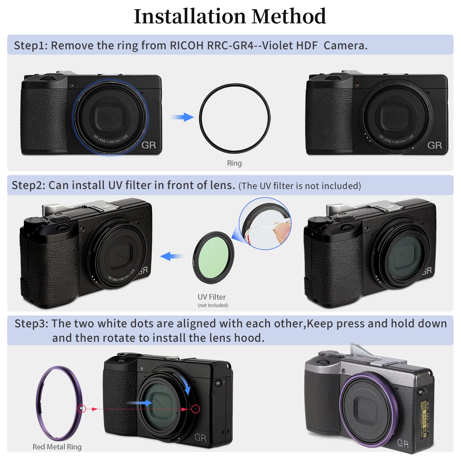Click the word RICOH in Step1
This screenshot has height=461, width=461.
[186, 46]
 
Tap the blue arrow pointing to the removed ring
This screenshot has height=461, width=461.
[182, 117]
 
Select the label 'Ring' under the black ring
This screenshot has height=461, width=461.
[234, 163]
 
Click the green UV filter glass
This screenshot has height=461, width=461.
[213, 257]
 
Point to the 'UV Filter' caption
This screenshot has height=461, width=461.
[212, 297]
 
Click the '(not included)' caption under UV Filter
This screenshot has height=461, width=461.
[213, 305]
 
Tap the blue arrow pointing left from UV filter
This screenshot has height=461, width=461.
[172, 256]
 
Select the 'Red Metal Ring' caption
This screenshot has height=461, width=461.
[57, 447]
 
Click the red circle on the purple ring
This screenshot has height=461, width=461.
[82, 409]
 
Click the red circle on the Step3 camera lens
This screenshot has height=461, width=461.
[196, 409]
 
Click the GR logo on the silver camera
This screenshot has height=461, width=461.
[403, 443]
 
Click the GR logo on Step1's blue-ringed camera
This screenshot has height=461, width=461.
[149, 145]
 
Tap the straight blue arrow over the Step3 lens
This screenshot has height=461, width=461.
[141, 403]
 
